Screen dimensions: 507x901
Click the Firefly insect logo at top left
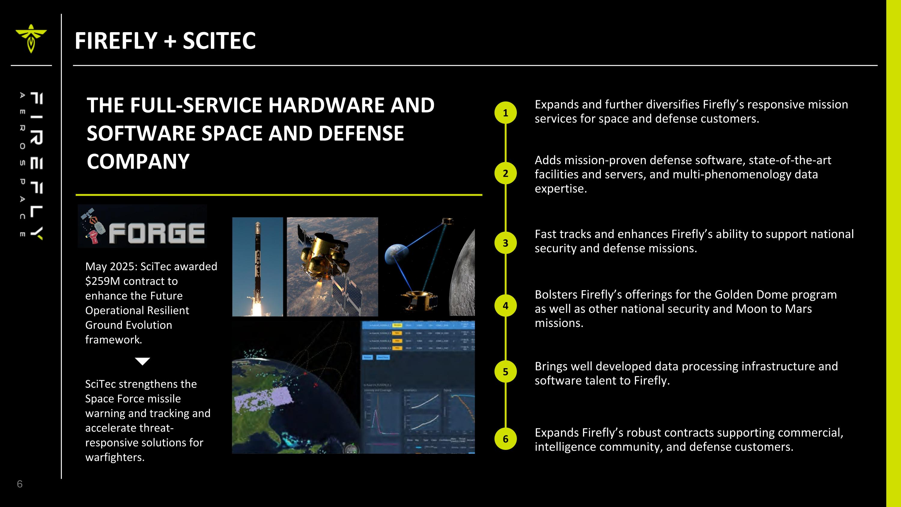click(x=31, y=38)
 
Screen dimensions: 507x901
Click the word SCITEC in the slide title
click(x=219, y=41)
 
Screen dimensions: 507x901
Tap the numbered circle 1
click(x=505, y=113)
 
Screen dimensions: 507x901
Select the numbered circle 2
click(x=505, y=173)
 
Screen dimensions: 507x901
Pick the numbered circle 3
click(x=505, y=243)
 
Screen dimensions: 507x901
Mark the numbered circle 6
click(x=505, y=439)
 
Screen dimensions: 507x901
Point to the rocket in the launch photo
click(x=258, y=259)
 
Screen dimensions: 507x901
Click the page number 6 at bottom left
click(x=20, y=484)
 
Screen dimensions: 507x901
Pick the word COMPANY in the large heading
click(x=138, y=162)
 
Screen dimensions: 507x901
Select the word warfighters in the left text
click(x=115, y=457)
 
